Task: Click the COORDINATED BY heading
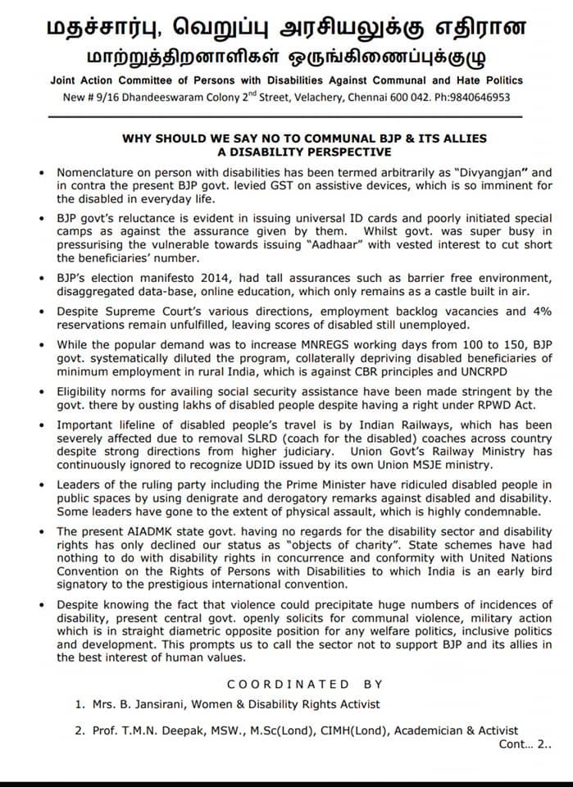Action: click(x=303, y=684)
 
